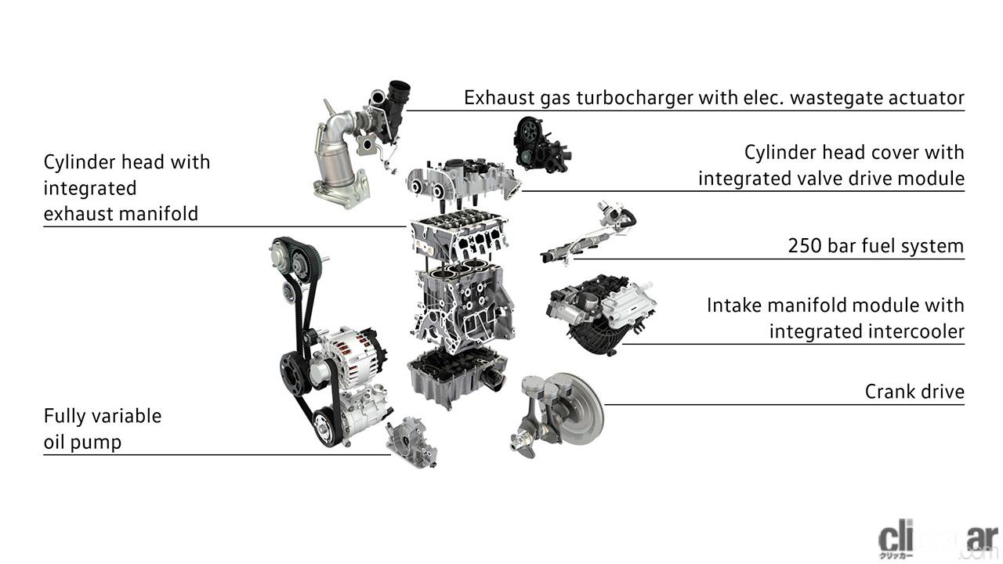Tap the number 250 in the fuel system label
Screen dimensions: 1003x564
pyautogui.click(x=804, y=246)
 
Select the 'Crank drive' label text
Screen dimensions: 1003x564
pyautogui.click(x=914, y=392)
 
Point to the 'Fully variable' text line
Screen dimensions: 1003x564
pyautogui.click(x=103, y=416)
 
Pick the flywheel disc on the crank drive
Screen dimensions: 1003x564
pyautogui.click(x=578, y=410)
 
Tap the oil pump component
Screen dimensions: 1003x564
pyautogui.click(x=411, y=443)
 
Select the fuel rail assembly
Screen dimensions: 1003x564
pyautogui.click(x=587, y=233)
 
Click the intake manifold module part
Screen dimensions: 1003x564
pyautogui.click(x=601, y=313)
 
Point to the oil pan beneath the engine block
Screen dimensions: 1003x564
pyautogui.click(x=457, y=378)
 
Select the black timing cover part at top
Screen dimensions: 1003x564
pyautogui.click(x=541, y=145)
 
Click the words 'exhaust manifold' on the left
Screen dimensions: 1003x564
pyautogui.click(x=121, y=214)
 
